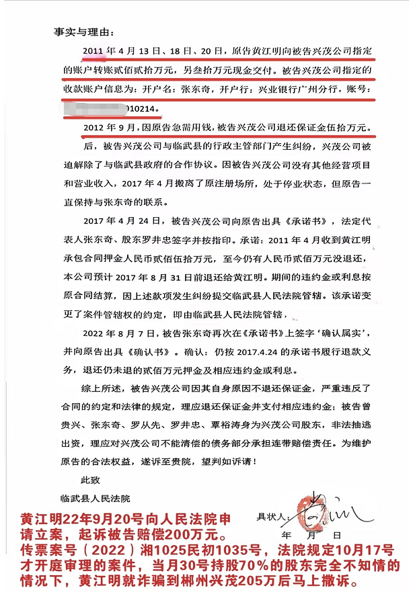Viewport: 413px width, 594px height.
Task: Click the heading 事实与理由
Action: [85, 32]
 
